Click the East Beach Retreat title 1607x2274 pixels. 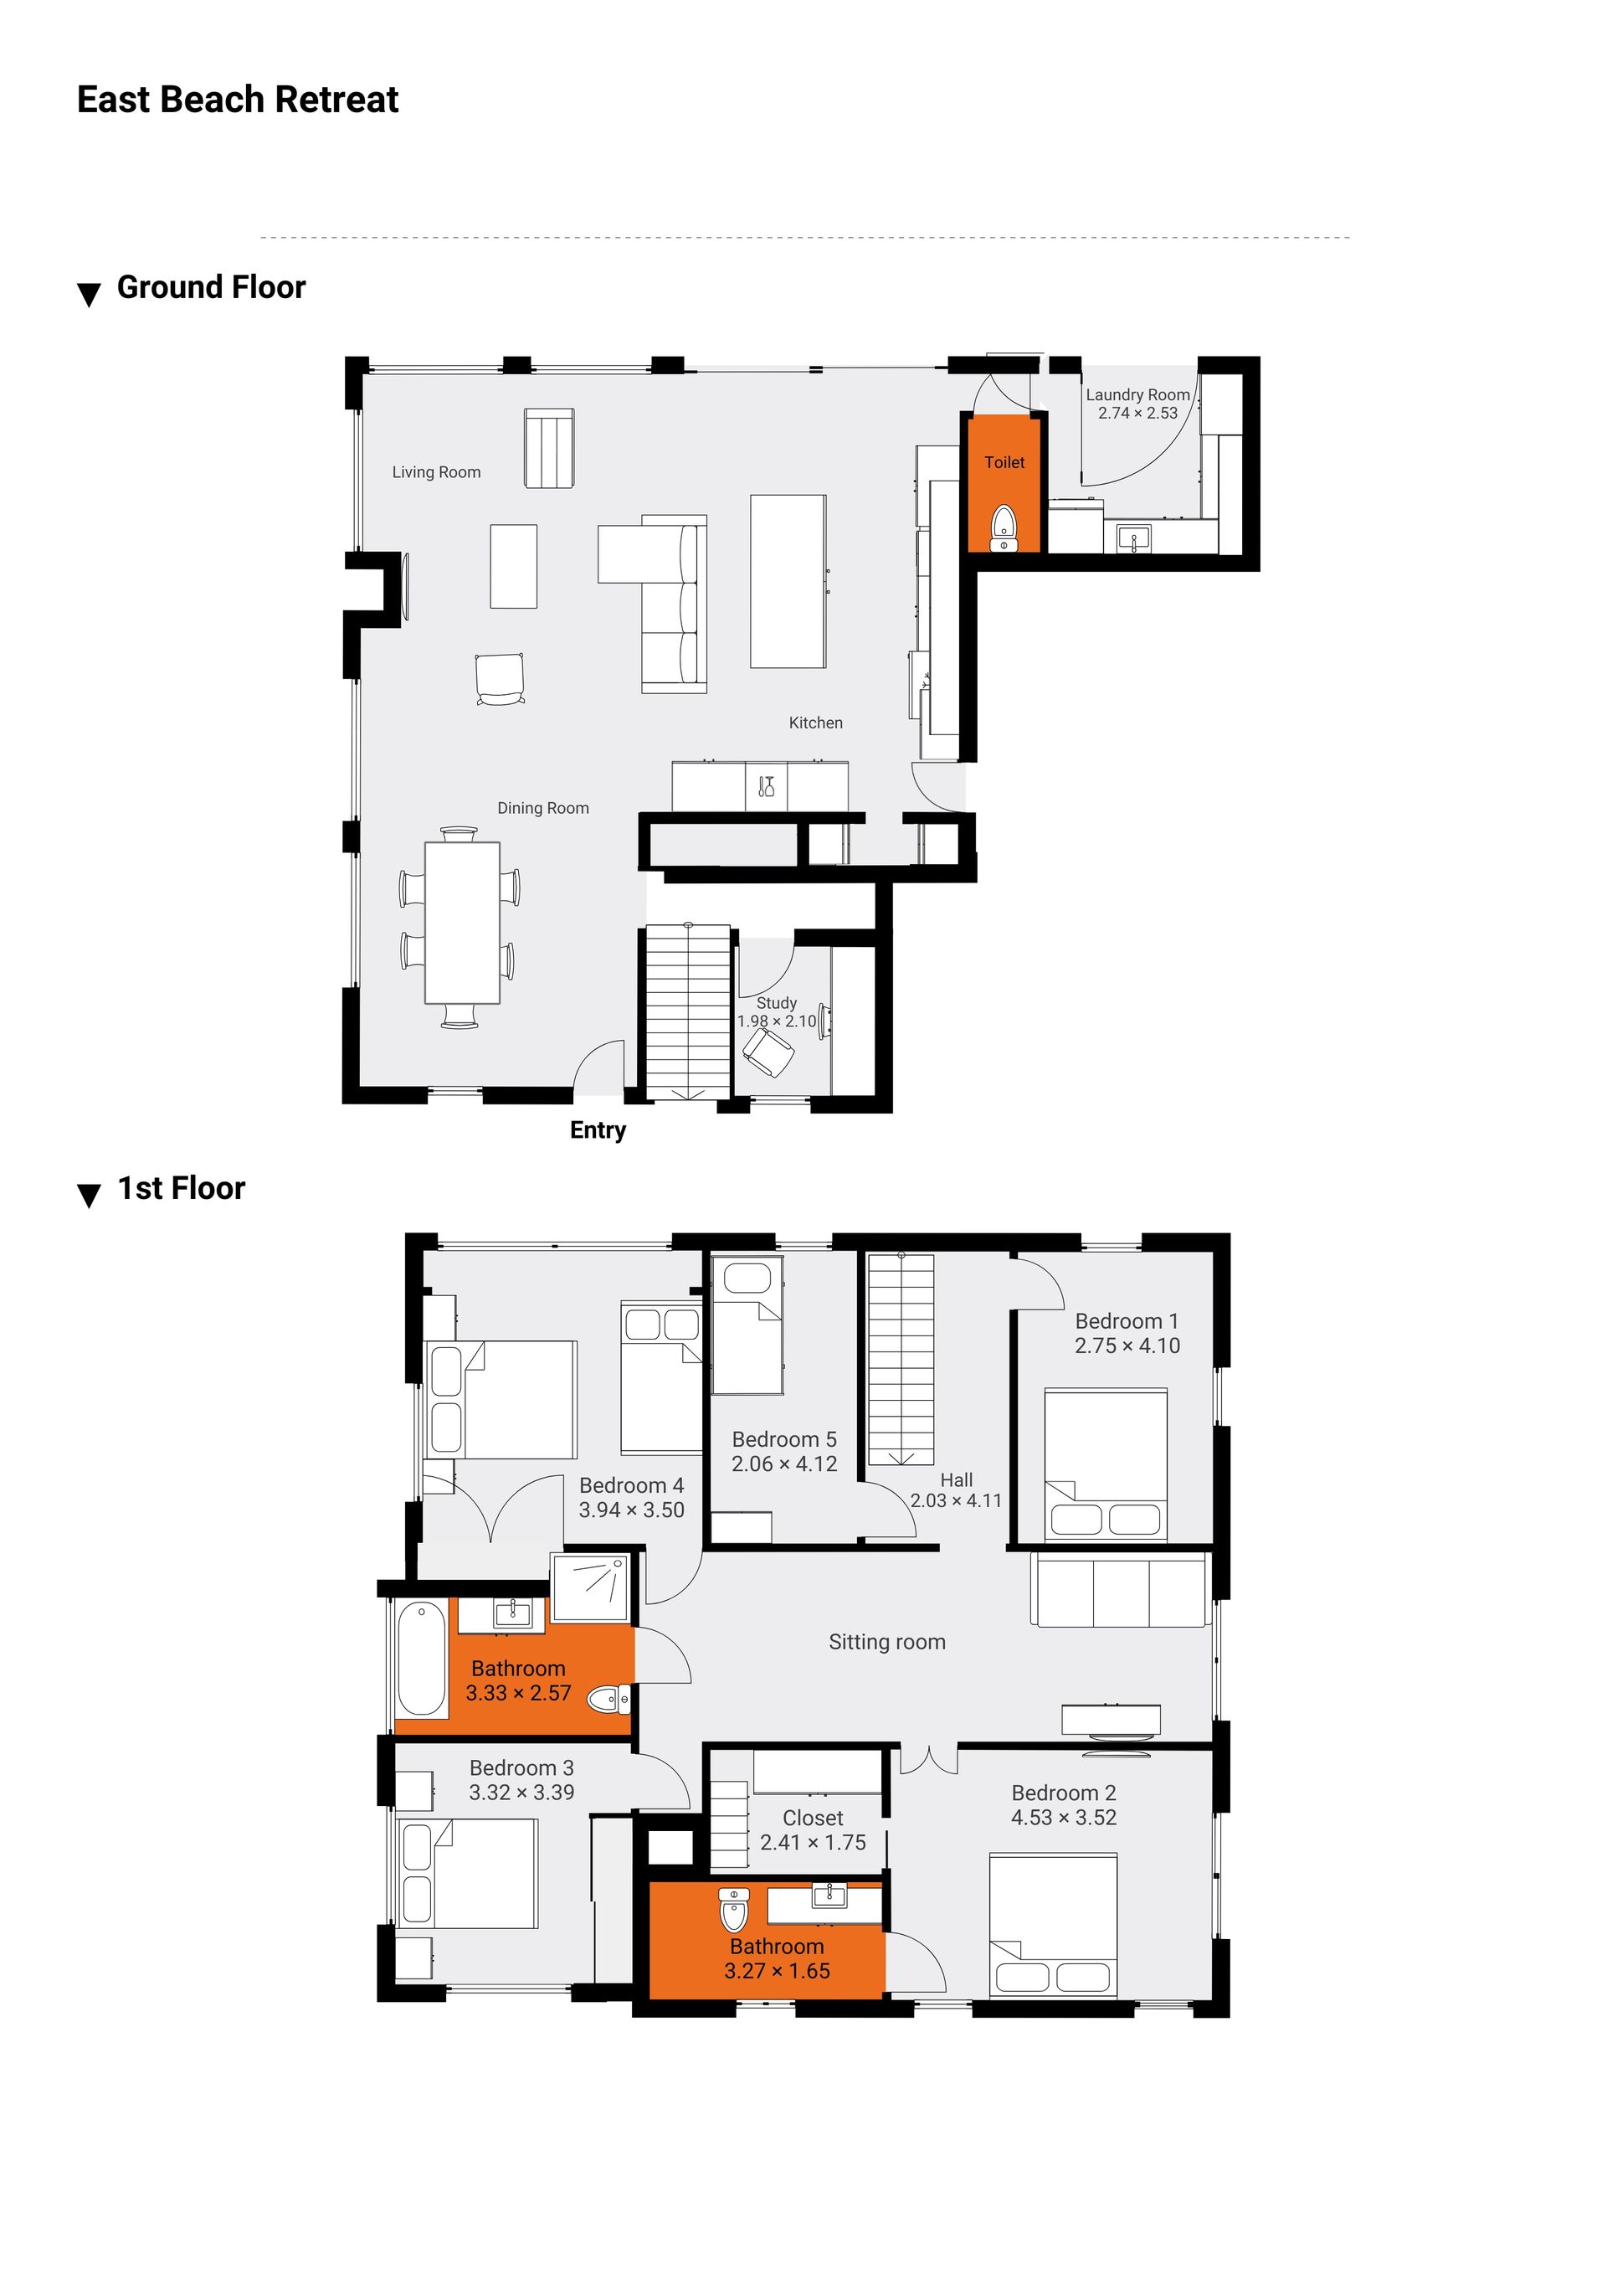coord(238,100)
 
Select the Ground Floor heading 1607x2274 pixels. coord(211,287)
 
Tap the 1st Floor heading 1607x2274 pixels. coord(181,1189)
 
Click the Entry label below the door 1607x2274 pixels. coord(598,1130)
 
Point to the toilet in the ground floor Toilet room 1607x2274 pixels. coord(1004,527)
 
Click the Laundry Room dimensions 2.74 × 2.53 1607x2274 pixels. coord(1137,413)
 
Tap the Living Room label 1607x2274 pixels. coord(437,472)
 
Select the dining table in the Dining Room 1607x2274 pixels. coord(462,922)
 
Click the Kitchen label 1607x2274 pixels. coord(816,723)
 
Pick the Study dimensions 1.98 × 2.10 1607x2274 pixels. coord(778,1021)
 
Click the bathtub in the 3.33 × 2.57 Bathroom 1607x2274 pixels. coord(421,1658)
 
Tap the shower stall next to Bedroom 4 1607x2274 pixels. coord(591,1587)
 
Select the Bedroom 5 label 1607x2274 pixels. coord(784,1439)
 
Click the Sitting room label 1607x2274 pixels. coord(887,1642)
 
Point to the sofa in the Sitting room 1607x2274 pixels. coord(1121,1590)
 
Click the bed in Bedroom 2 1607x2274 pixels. coord(1054,1924)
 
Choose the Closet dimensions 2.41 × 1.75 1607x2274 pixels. coord(813,1842)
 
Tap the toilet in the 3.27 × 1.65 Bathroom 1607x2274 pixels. coord(734,1910)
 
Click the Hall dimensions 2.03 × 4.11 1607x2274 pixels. coord(957,1500)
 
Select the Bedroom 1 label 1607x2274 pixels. coord(1127,1321)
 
